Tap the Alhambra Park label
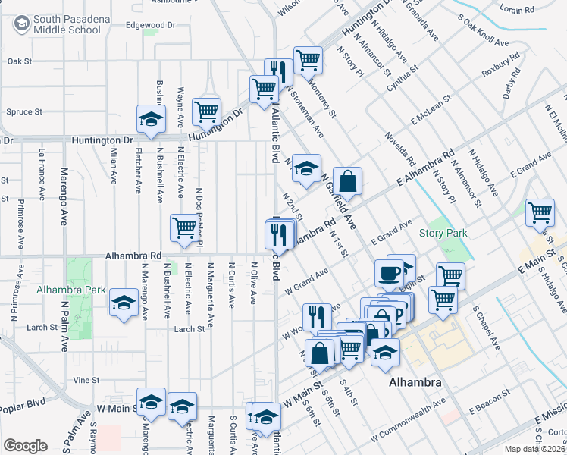click(70, 290)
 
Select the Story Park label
click(443, 234)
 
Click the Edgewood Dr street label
click(150, 25)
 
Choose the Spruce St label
click(23, 112)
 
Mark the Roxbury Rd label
click(501, 65)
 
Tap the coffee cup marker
click(389, 271)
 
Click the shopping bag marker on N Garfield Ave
click(346, 182)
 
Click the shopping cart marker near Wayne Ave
click(206, 111)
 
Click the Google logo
click(25, 446)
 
